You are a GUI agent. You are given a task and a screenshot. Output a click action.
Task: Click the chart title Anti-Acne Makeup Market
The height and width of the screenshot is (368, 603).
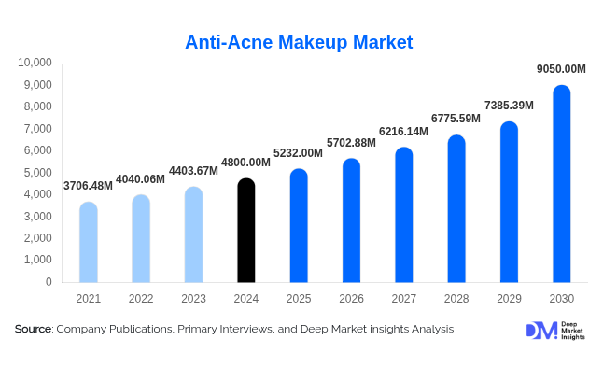point(299,42)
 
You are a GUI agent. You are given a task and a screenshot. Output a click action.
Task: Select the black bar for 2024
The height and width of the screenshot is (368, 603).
point(245,232)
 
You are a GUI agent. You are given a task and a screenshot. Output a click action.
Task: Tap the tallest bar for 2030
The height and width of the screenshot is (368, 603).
point(561,184)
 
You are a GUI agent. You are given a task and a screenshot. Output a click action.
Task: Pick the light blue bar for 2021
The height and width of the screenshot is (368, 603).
point(88,243)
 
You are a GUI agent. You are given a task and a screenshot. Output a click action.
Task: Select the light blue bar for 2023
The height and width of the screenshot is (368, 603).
point(193,235)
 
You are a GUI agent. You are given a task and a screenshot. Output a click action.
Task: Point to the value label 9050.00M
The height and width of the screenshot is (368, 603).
point(561,69)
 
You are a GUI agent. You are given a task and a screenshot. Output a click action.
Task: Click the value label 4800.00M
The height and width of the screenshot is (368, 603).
point(245,163)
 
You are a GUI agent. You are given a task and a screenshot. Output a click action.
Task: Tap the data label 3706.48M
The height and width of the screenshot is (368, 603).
point(88,186)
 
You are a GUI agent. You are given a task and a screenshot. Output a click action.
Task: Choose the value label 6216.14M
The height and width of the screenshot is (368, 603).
point(403,132)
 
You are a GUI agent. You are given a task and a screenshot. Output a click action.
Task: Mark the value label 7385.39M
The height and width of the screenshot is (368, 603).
point(509,106)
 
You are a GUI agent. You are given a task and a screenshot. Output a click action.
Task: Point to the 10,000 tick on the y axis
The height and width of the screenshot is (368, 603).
point(35,63)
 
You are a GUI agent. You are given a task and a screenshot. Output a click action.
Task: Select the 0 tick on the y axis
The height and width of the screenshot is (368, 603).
point(49,281)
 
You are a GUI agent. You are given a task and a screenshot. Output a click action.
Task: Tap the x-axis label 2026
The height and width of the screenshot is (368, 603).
point(351,298)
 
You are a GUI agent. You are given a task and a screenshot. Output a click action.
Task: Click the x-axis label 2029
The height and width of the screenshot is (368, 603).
point(509,298)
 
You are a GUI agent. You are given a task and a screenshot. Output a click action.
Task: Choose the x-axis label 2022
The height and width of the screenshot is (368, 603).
point(141,298)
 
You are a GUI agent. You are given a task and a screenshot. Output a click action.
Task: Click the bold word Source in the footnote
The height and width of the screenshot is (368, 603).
point(33,329)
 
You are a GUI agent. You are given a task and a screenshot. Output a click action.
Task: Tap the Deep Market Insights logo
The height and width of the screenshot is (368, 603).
point(554,330)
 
